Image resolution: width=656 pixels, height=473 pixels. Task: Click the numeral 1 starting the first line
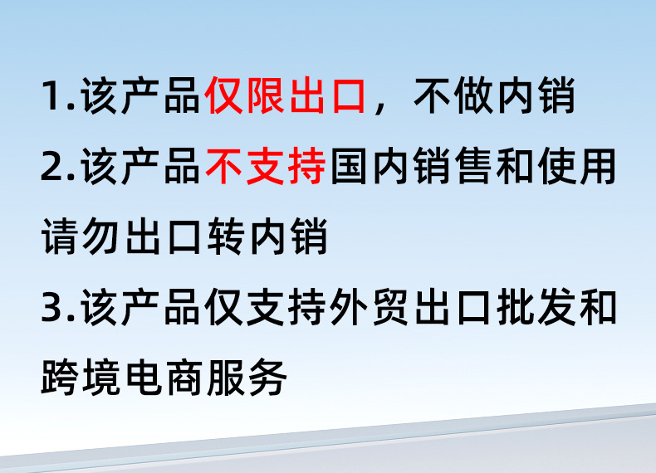click(x=51, y=97)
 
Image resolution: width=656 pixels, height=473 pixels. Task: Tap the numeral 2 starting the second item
click(x=52, y=168)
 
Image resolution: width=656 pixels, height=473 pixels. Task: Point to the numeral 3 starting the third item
click(x=52, y=310)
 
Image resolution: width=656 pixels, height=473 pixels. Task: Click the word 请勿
click(x=81, y=239)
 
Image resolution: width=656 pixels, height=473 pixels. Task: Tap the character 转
click(x=224, y=239)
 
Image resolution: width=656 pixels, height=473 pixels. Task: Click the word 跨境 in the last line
click(x=81, y=380)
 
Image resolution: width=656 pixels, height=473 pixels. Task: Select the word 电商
click(x=164, y=380)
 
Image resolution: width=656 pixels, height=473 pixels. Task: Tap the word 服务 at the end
click(x=246, y=380)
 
